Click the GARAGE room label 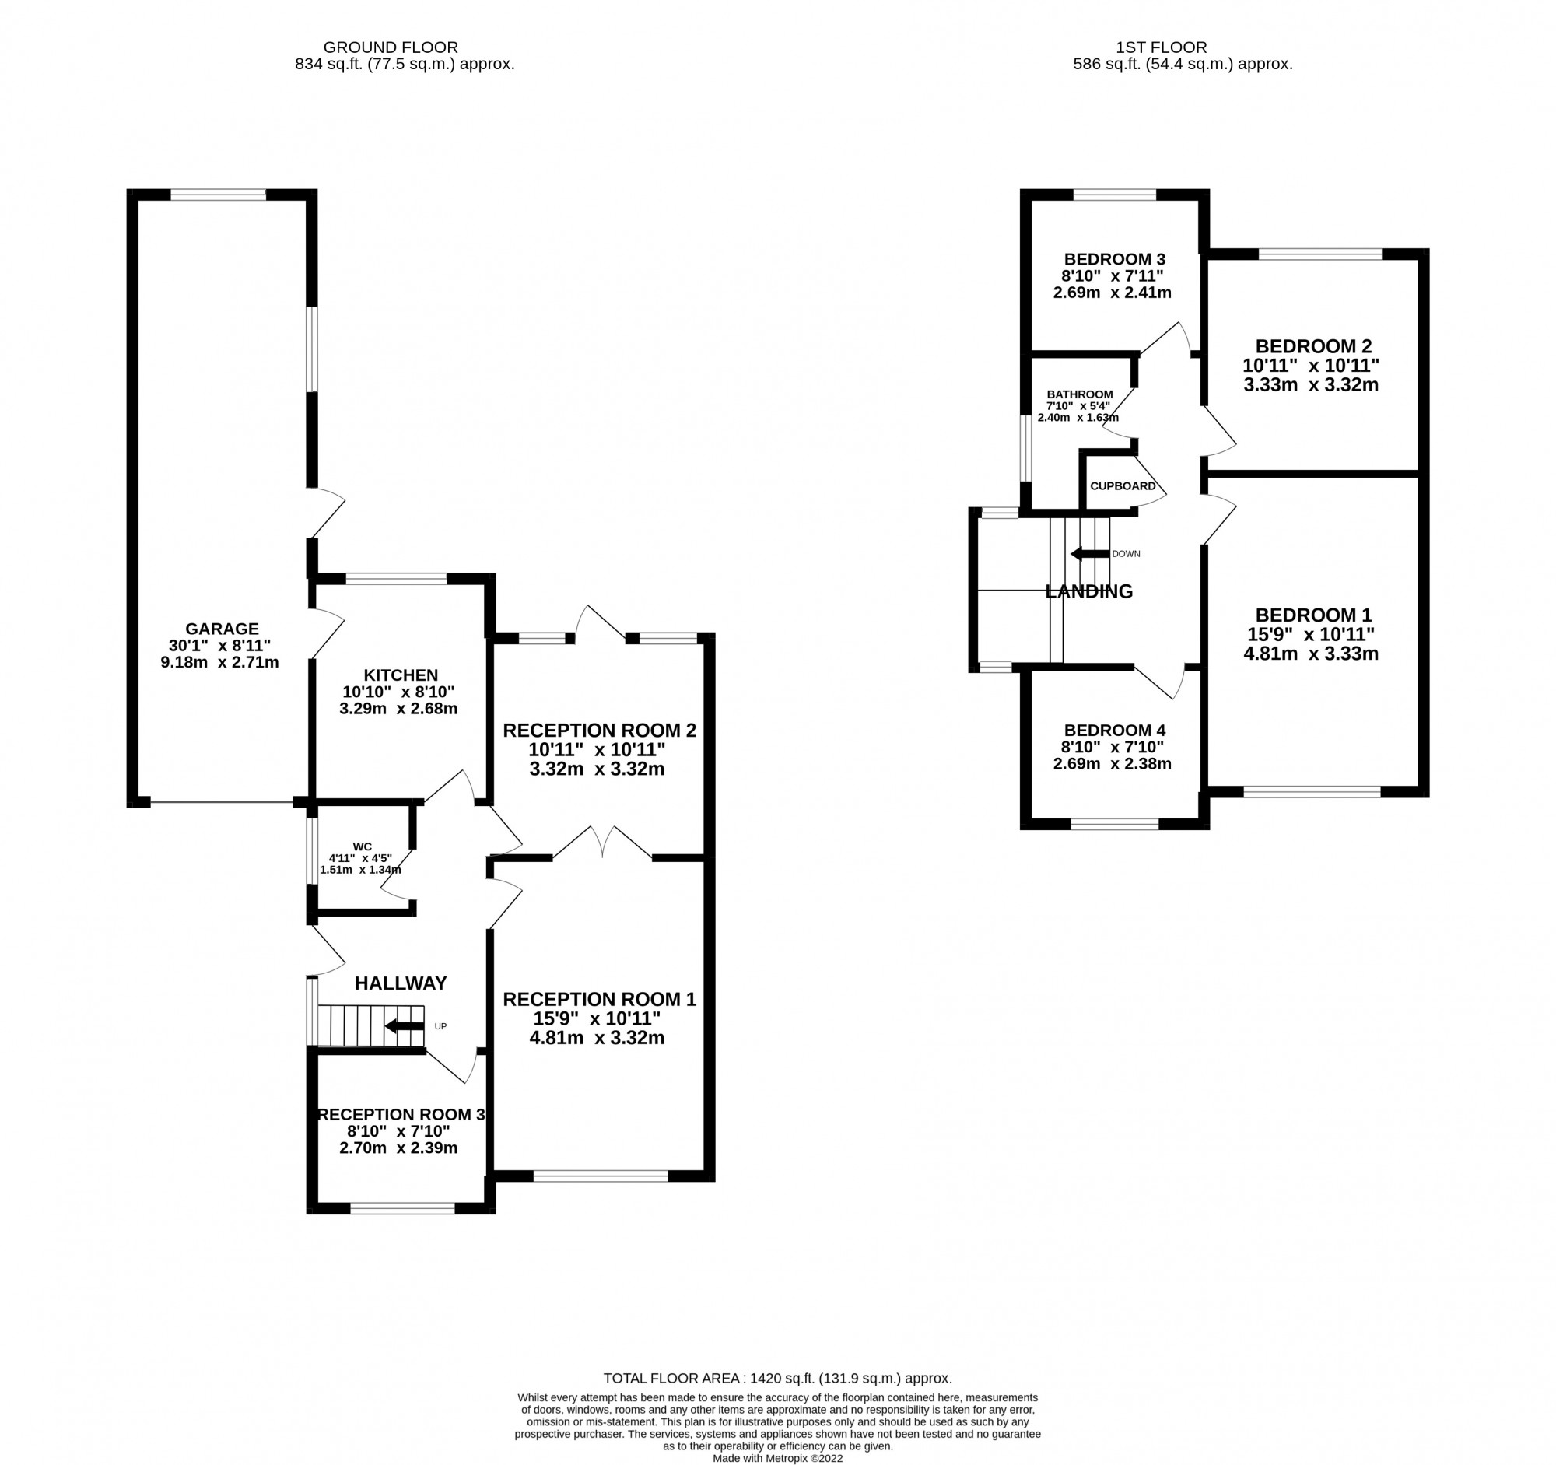222,629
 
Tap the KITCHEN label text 400,675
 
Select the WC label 362,846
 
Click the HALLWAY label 401,983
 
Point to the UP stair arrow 405,1026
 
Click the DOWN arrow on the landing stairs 1089,554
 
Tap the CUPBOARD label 1123,486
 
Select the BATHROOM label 1079,394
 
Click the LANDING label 1088,591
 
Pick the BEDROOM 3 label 1115,259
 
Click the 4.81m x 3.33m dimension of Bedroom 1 1310,654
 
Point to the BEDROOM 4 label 1115,730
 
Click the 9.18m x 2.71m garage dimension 219,662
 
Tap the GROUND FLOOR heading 391,47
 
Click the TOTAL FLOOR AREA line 777,1378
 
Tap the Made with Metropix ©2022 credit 777,1458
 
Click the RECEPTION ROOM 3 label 401,1114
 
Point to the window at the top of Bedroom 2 1319,254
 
